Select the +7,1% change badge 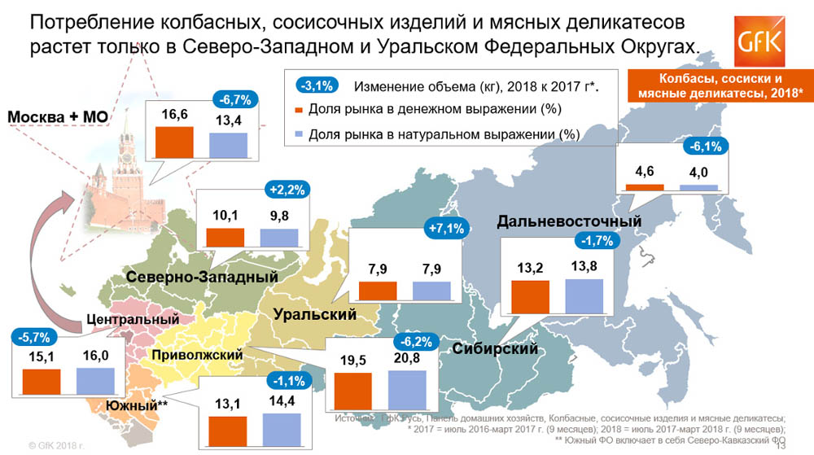[445, 230]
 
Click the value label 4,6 [645, 171]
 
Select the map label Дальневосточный [569, 221]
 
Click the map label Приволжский [197, 355]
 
